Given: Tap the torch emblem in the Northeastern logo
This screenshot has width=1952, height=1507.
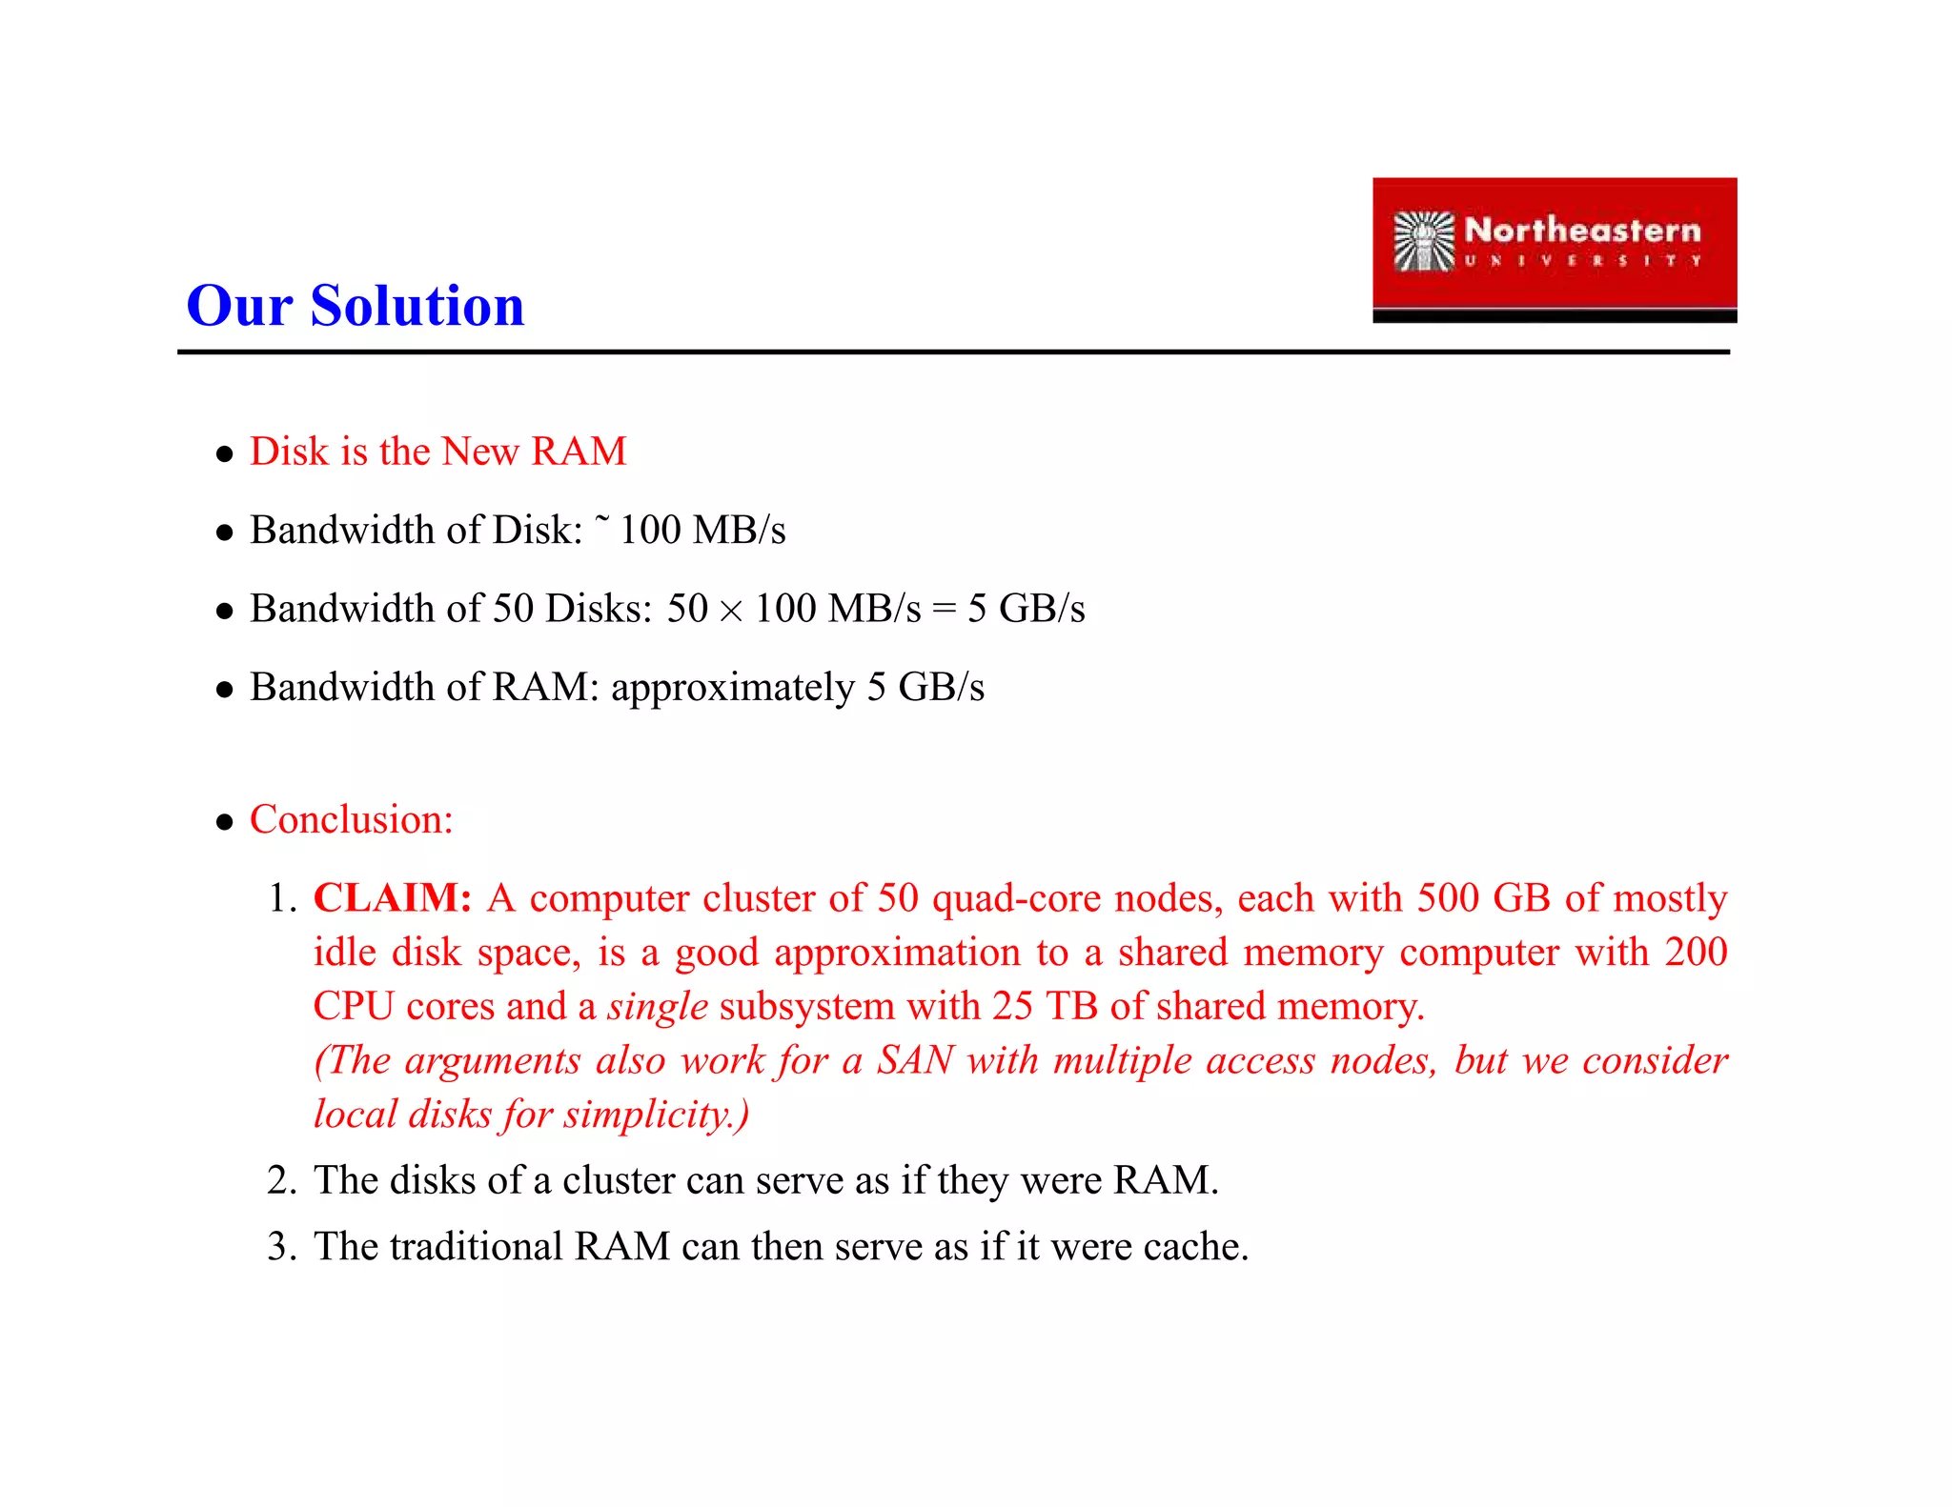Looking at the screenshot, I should pos(1423,242).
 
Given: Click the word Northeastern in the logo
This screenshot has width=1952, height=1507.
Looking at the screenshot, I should pos(1582,231).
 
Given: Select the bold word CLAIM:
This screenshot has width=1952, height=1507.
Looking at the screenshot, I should pos(393,898).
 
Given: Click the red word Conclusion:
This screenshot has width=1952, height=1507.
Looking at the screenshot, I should pos(351,820).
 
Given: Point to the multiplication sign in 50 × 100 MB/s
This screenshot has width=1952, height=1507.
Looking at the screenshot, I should pos(731,611).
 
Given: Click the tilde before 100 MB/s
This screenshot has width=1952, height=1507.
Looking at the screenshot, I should pos(601,519).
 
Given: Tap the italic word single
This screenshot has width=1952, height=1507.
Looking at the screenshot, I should pos(658,1007).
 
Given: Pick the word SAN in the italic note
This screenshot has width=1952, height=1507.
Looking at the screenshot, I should pos(915,1061).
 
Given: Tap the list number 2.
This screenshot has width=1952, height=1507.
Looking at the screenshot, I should pos(282,1181).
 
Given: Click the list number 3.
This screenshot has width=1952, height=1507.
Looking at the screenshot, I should pos(282,1247).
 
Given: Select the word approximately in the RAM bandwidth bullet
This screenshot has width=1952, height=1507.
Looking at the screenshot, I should pos(733,689).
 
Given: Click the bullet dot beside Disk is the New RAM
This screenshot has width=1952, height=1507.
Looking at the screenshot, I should pos(225,454).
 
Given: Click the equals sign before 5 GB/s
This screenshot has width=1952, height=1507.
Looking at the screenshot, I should pos(944,611).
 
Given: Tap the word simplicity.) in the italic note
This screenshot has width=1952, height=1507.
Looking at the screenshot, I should pos(657,1115).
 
